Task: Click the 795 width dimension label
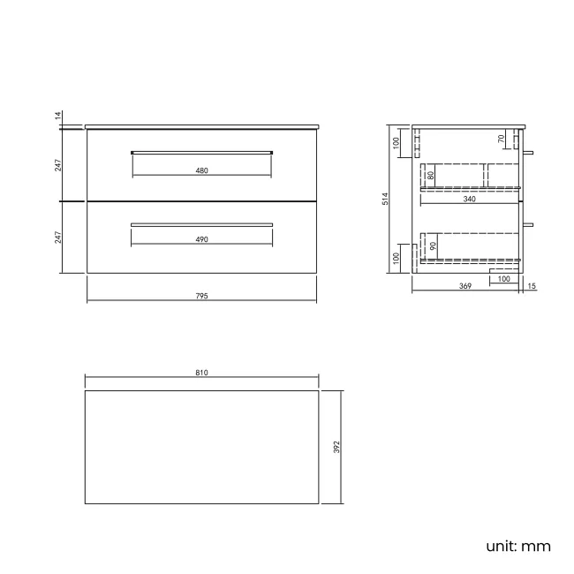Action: click(201, 296)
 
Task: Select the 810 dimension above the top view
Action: click(201, 374)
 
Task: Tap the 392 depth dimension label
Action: click(336, 447)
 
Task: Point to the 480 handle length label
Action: click(201, 171)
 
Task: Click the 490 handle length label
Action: click(201, 239)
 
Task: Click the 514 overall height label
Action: click(385, 200)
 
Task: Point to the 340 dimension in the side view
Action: click(469, 200)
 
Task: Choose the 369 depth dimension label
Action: click(464, 286)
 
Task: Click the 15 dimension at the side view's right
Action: click(531, 286)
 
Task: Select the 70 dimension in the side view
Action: click(502, 140)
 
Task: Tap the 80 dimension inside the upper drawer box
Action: click(430, 175)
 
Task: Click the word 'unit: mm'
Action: click(517, 546)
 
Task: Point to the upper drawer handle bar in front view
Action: click(201, 152)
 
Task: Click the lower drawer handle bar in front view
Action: click(201, 224)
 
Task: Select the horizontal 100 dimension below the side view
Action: click(503, 279)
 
